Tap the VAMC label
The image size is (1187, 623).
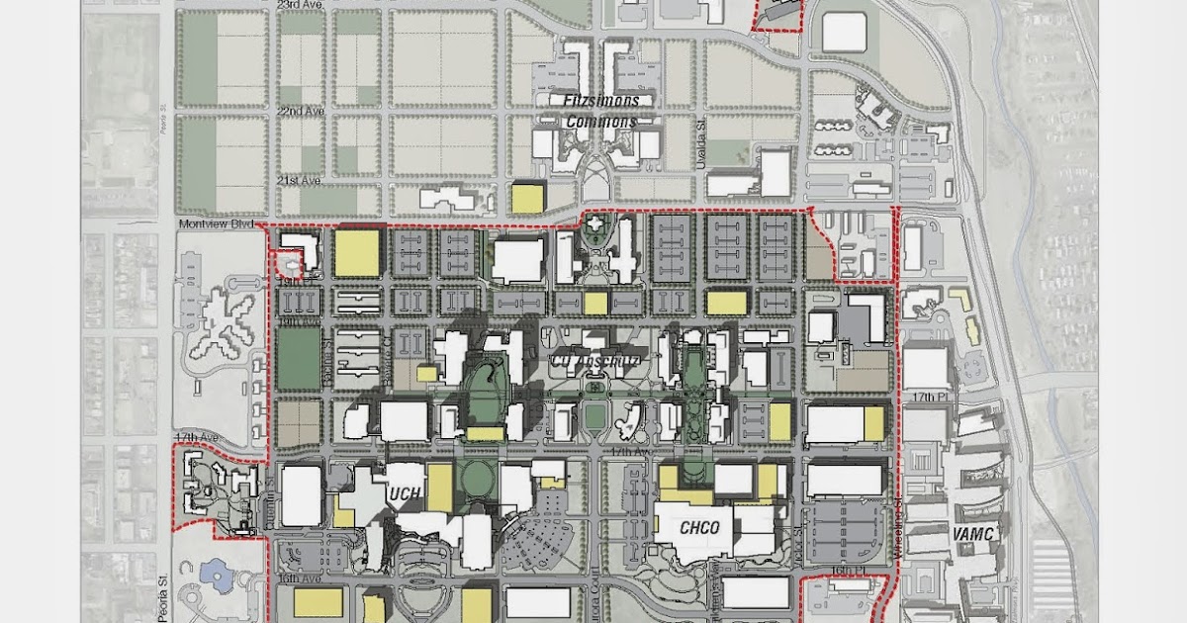(x=972, y=534)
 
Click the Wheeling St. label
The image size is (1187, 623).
(x=899, y=534)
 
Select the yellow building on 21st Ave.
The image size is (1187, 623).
(x=527, y=198)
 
